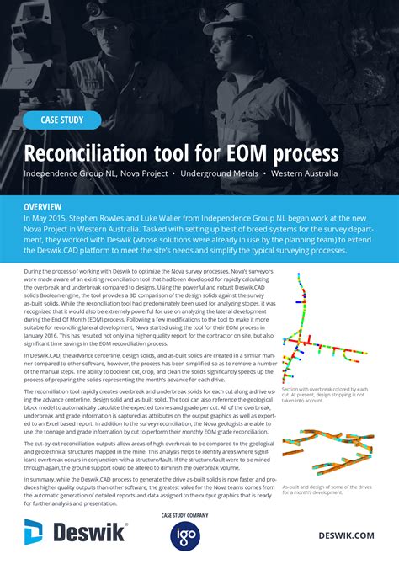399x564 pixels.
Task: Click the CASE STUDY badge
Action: point(62,120)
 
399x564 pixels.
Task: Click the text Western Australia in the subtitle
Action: point(304,173)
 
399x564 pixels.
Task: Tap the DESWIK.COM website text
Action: point(346,535)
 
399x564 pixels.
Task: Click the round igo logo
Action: point(184,536)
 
